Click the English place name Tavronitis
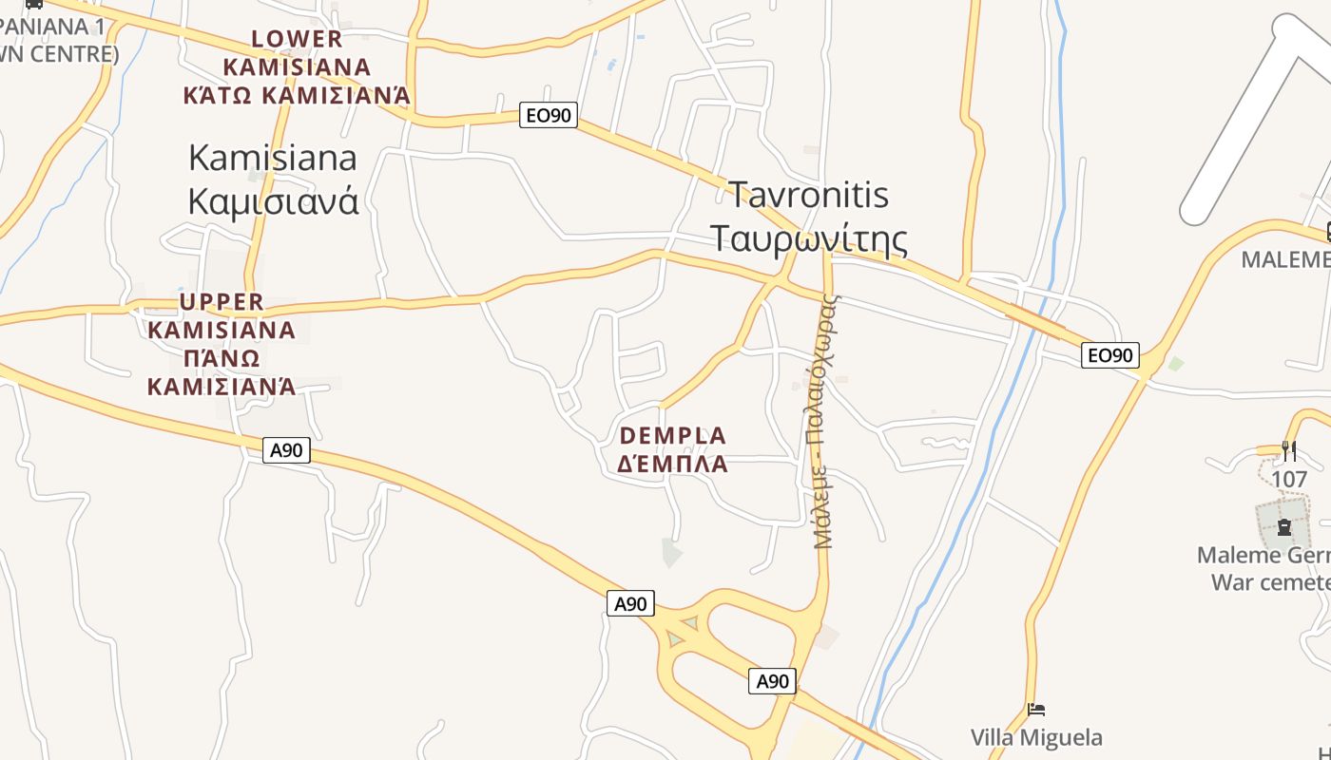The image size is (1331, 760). pos(809,195)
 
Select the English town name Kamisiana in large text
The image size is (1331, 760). pos(273,158)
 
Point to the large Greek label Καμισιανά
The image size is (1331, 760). pos(273,200)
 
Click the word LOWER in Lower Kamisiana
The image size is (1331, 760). pos(297,39)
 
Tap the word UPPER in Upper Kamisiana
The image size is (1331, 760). pos(222,302)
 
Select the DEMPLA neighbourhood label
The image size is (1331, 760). pos(673,436)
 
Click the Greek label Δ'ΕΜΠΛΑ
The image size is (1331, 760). pos(673,465)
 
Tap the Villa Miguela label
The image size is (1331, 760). pos(1036,737)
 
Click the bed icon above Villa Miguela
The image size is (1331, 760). pos(1036,710)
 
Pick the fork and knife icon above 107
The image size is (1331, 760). pos(1289,450)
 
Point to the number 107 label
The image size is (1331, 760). pos(1289,479)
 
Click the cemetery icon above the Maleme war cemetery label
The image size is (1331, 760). pos(1283,525)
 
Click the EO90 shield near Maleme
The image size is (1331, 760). pos(1110,355)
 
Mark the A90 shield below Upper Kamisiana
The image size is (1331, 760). pos(286,450)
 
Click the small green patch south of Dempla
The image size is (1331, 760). pos(672,552)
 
